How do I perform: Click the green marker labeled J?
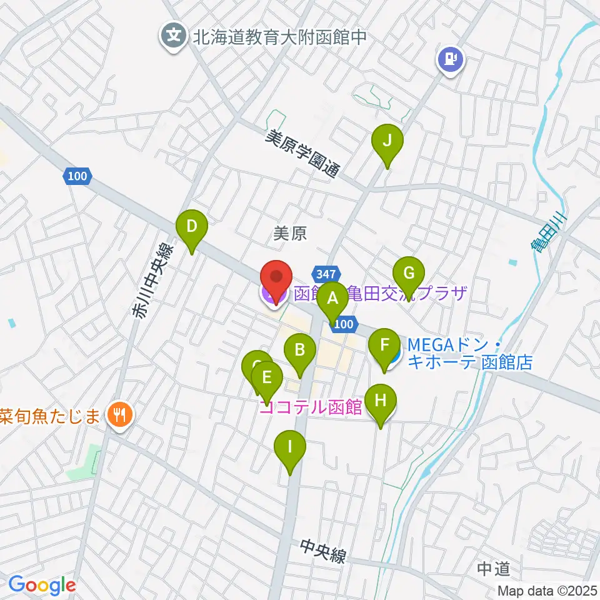tap(387, 141)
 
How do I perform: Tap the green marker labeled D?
tap(192, 226)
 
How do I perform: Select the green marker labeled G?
tap(409, 274)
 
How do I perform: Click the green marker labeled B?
tap(300, 350)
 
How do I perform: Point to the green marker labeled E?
tap(267, 379)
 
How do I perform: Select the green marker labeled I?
tap(289, 447)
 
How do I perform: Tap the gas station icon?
tap(450, 60)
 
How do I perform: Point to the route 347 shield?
tap(329, 274)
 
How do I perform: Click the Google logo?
tap(42, 585)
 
